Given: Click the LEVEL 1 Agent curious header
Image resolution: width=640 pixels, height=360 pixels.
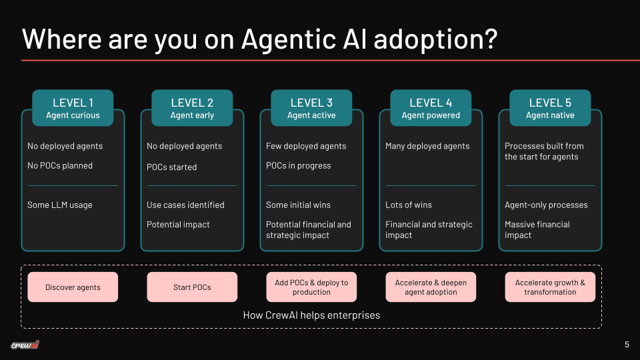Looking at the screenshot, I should pos(73,108).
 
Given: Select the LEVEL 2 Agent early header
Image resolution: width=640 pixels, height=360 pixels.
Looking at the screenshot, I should pos(192,108).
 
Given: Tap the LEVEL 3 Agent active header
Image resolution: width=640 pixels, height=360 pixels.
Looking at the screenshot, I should pos(311,108).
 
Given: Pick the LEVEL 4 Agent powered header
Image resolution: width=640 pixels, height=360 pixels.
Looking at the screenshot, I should pos(431,108).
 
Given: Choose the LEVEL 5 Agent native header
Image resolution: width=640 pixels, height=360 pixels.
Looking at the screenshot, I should pos(550,108).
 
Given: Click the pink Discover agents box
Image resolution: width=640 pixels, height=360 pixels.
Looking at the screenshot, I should pos(73,287).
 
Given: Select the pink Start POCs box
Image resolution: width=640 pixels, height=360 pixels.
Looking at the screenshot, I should pos(192,287).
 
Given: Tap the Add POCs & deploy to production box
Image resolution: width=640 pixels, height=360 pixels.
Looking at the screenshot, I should pos(311,287).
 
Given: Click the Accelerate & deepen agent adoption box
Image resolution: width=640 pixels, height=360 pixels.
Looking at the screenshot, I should pos(431,287).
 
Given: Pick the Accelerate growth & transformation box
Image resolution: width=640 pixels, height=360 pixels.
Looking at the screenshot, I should pos(550,287).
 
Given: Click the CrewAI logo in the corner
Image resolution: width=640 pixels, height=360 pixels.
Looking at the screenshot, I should pos(25,345).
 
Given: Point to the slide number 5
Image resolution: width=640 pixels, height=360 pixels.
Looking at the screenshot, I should pos(627,345).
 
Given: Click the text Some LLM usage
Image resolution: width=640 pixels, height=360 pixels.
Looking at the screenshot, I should pos(60,205).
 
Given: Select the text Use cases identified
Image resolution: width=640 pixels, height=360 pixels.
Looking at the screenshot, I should pos(185,205).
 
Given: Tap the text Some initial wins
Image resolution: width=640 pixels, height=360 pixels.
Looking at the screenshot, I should pos(298,205).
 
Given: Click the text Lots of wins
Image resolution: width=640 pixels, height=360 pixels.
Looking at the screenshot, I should pos(408,205).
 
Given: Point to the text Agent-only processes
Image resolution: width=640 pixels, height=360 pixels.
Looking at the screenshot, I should pos(546,205).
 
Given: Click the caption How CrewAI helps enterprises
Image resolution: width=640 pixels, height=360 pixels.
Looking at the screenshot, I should pos(311,315).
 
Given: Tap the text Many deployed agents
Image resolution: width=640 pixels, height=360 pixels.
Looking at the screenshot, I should pos(427,147).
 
